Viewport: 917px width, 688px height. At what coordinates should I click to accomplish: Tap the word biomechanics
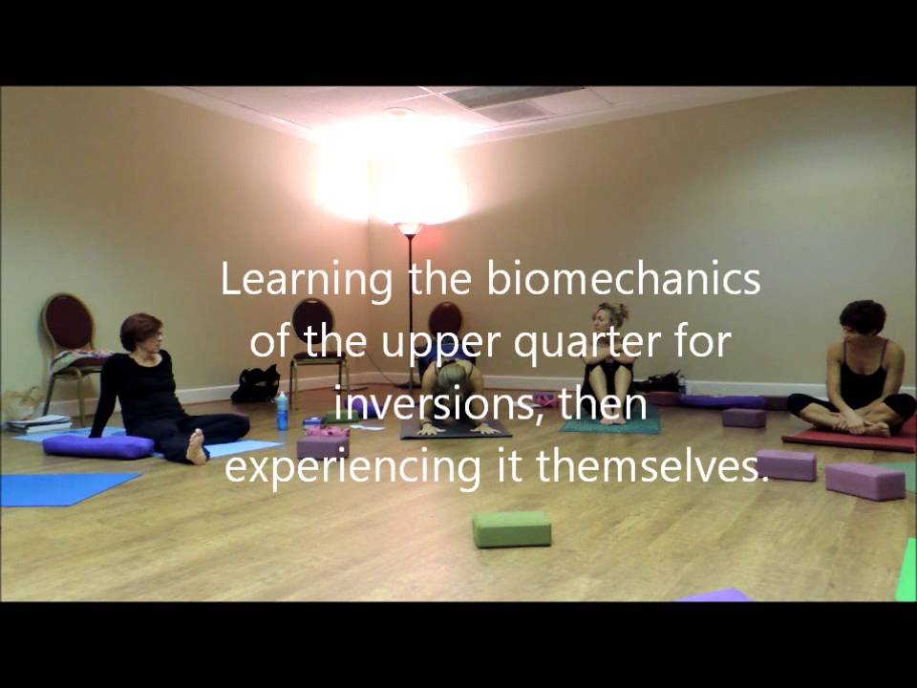(x=623, y=280)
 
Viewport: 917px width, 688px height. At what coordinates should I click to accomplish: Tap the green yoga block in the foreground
(x=511, y=528)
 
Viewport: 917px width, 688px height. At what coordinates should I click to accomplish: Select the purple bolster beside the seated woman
(x=98, y=446)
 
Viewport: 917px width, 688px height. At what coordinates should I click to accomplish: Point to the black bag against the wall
(x=255, y=384)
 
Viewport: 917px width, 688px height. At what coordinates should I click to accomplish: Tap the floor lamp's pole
(x=411, y=306)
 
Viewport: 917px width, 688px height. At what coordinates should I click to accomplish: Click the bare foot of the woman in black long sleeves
(x=197, y=446)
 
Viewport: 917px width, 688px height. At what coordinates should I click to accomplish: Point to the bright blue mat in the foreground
(x=57, y=488)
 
